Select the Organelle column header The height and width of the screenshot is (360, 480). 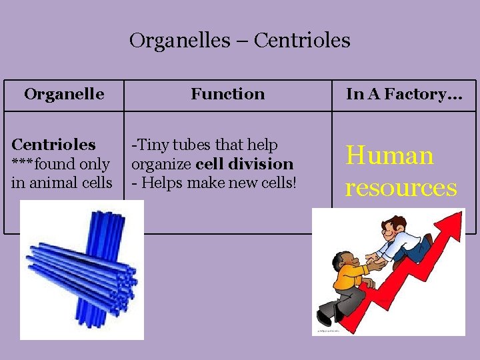coord(64,94)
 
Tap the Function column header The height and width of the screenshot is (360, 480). coord(227,94)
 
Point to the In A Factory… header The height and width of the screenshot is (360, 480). coord(404,94)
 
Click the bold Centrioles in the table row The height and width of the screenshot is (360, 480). coord(54,145)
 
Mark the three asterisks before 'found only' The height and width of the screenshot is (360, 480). coord(22,164)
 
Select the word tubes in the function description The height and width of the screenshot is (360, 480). coord(188,145)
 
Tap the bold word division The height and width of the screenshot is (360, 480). coord(263,164)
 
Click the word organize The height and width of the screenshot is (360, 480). coord(162,164)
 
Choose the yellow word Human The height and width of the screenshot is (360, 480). coord(389,156)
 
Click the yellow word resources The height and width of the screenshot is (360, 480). coord(401,187)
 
